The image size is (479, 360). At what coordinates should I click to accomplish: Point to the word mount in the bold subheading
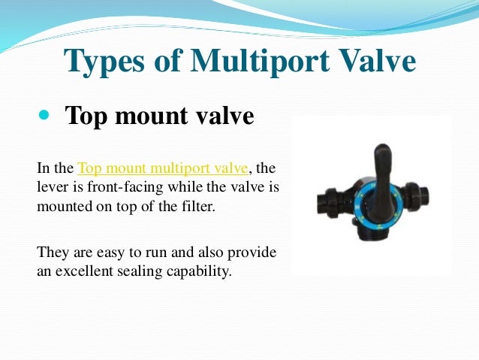point(149,117)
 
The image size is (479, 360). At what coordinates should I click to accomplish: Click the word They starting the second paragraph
point(52,251)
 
